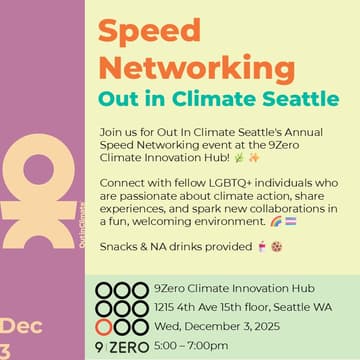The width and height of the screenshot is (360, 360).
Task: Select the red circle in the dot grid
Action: click(x=104, y=326)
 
